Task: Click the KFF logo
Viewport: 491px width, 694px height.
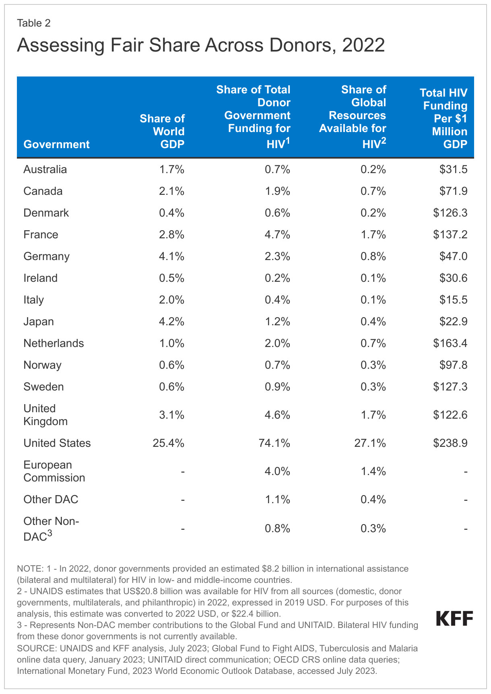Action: tap(455, 619)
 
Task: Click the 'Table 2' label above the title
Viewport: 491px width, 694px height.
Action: tap(34, 23)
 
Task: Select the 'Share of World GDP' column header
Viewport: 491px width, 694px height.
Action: tap(162, 131)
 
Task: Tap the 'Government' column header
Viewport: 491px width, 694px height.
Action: tap(56, 144)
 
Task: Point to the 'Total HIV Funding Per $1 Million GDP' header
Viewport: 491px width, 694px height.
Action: tap(444, 118)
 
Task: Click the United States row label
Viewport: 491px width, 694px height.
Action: tap(57, 443)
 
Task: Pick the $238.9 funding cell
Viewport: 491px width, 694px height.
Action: tap(450, 443)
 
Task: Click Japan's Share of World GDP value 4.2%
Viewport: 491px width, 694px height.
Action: tap(171, 322)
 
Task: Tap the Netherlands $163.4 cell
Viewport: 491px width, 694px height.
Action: tap(450, 343)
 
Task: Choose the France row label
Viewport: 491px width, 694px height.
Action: tap(41, 235)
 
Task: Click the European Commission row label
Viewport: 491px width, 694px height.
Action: tap(54, 471)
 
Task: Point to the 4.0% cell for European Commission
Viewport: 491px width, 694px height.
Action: tap(277, 471)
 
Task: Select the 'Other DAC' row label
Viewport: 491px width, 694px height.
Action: tap(51, 500)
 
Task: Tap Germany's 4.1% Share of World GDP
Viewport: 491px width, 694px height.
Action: tap(171, 256)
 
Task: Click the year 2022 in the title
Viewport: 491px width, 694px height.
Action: tap(363, 45)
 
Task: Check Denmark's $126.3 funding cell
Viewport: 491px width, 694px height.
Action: tap(450, 213)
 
